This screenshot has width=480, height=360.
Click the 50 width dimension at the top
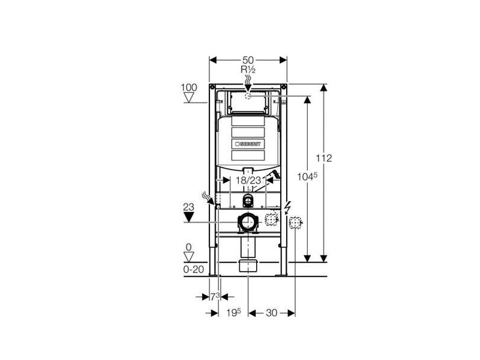(248, 60)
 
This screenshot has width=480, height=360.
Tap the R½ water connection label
(248, 70)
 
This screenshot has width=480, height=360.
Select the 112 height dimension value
(324, 158)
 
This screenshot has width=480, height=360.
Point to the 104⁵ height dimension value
(307, 176)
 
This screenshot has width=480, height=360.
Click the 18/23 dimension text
(248, 181)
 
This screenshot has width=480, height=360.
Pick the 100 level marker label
(189, 88)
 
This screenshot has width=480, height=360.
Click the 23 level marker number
(188, 207)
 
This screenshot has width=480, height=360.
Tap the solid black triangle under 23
(188, 217)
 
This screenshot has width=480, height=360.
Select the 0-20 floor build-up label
(193, 269)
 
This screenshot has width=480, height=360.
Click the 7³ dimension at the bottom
(215, 296)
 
